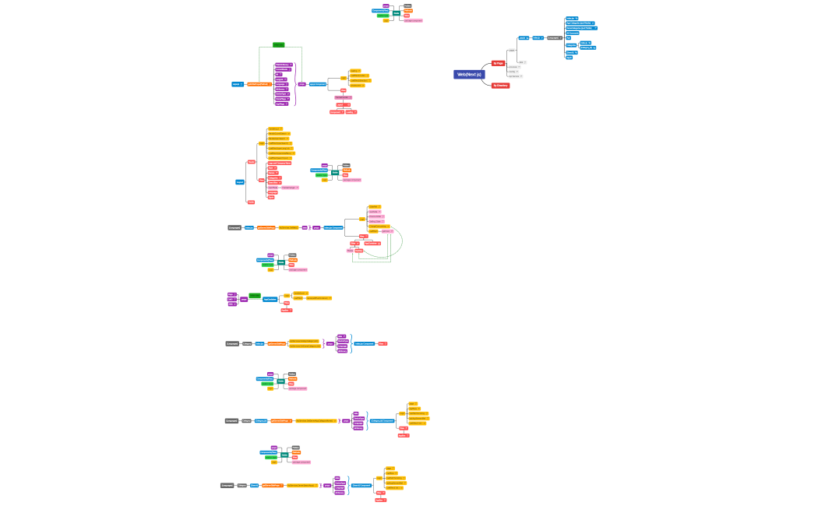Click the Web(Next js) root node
pos(469,75)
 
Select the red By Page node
pos(499,63)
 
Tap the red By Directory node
pos(500,86)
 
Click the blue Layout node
pos(240,182)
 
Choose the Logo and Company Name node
pos(280,163)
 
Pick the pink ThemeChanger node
pos(290,188)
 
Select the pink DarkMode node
pos(273,188)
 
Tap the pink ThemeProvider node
pos(350,251)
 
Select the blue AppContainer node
pos(270,299)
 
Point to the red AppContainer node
pos(372,244)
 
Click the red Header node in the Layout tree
pos(251,162)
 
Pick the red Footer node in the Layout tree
pos(251,202)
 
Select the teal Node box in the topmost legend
pos(397,13)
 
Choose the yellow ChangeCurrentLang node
pos(379,226)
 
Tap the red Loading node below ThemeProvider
pos(358,251)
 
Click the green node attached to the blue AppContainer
pos(255,295)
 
